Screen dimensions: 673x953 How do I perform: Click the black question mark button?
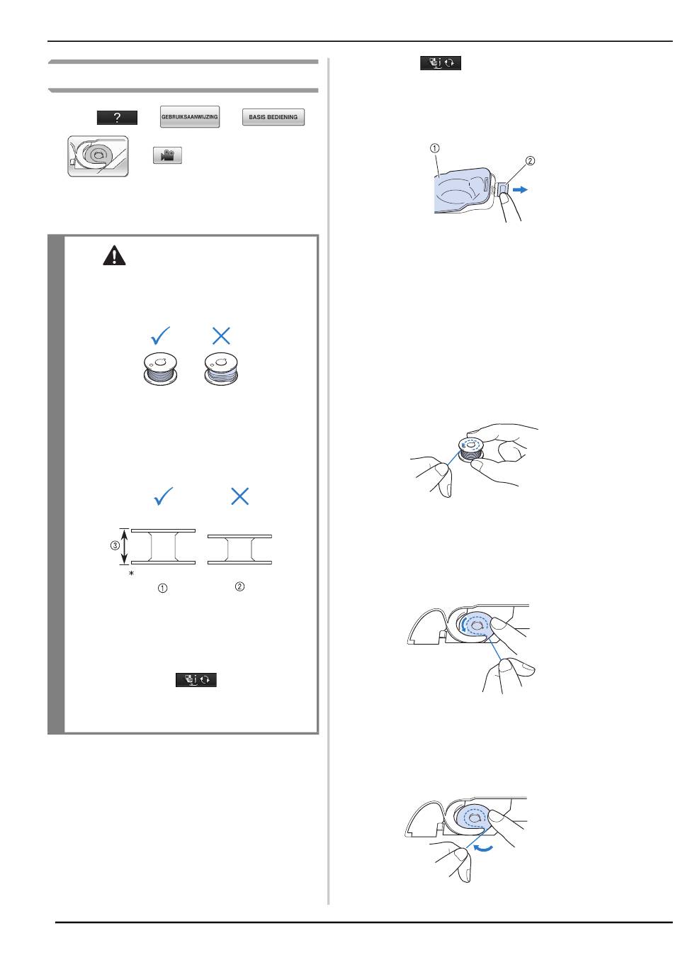[117, 118]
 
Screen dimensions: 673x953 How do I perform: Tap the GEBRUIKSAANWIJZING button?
[190, 116]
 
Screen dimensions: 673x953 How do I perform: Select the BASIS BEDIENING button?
[273, 117]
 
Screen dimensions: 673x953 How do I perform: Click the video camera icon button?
[167, 155]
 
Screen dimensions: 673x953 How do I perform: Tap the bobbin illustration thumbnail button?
[98, 156]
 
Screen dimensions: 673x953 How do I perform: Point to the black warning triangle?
[114, 255]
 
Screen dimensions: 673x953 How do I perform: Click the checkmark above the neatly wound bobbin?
[161, 335]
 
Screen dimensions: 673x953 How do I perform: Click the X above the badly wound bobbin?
[221, 335]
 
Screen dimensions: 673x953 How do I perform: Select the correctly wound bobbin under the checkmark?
[160, 369]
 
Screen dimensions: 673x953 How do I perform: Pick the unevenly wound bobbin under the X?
[221, 369]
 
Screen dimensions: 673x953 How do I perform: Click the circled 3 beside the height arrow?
[115, 545]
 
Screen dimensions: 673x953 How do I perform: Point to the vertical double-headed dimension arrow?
[124, 547]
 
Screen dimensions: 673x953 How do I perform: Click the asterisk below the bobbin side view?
[131, 574]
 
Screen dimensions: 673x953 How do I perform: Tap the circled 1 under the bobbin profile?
[162, 589]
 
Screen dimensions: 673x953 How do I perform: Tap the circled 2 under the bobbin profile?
[239, 586]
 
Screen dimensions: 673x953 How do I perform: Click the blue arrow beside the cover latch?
[521, 190]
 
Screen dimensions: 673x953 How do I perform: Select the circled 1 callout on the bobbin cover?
[434, 148]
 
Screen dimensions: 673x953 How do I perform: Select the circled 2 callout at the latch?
[530, 161]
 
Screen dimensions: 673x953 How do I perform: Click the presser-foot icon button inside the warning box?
[196, 679]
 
